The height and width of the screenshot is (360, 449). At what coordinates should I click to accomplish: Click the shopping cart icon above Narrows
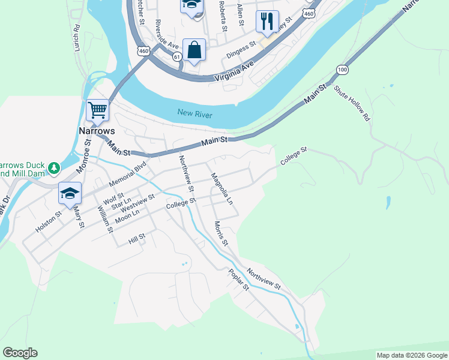pyautogui.click(x=97, y=110)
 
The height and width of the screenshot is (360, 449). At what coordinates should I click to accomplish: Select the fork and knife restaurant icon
pyautogui.click(x=266, y=22)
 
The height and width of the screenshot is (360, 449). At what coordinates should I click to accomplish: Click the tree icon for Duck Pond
pyautogui.click(x=54, y=167)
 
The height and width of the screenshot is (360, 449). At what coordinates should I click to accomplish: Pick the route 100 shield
pyautogui.click(x=342, y=70)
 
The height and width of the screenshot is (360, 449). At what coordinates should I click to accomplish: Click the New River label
pyautogui.click(x=196, y=112)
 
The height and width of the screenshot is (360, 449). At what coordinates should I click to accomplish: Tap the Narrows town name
pyautogui.click(x=97, y=130)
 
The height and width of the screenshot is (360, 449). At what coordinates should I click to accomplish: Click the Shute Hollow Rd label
pyautogui.click(x=352, y=103)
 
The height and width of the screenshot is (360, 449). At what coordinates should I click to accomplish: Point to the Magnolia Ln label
pyautogui.click(x=221, y=188)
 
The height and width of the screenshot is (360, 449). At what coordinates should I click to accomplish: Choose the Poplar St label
pyautogui.click(x=238, y=280)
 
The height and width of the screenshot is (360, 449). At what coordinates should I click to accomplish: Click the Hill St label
pyautogui.click(x=137, y=240)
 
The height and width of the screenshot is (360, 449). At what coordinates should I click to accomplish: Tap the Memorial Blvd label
pyautogui.click(x=128, y=173)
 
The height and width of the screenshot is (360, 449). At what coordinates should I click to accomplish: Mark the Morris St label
pyautogui.click(x=221, y=234)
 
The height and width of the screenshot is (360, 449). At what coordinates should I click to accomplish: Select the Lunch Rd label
pyautogui.click(x=77, y=37)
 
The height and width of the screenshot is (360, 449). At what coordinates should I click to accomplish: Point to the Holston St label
pyautogui.click(x=49, y=221)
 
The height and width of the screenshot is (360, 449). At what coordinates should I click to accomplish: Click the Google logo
pyautogui.click(x=20, y=353)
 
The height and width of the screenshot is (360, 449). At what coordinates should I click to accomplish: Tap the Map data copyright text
pyautogui.click(x=412, y=355)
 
